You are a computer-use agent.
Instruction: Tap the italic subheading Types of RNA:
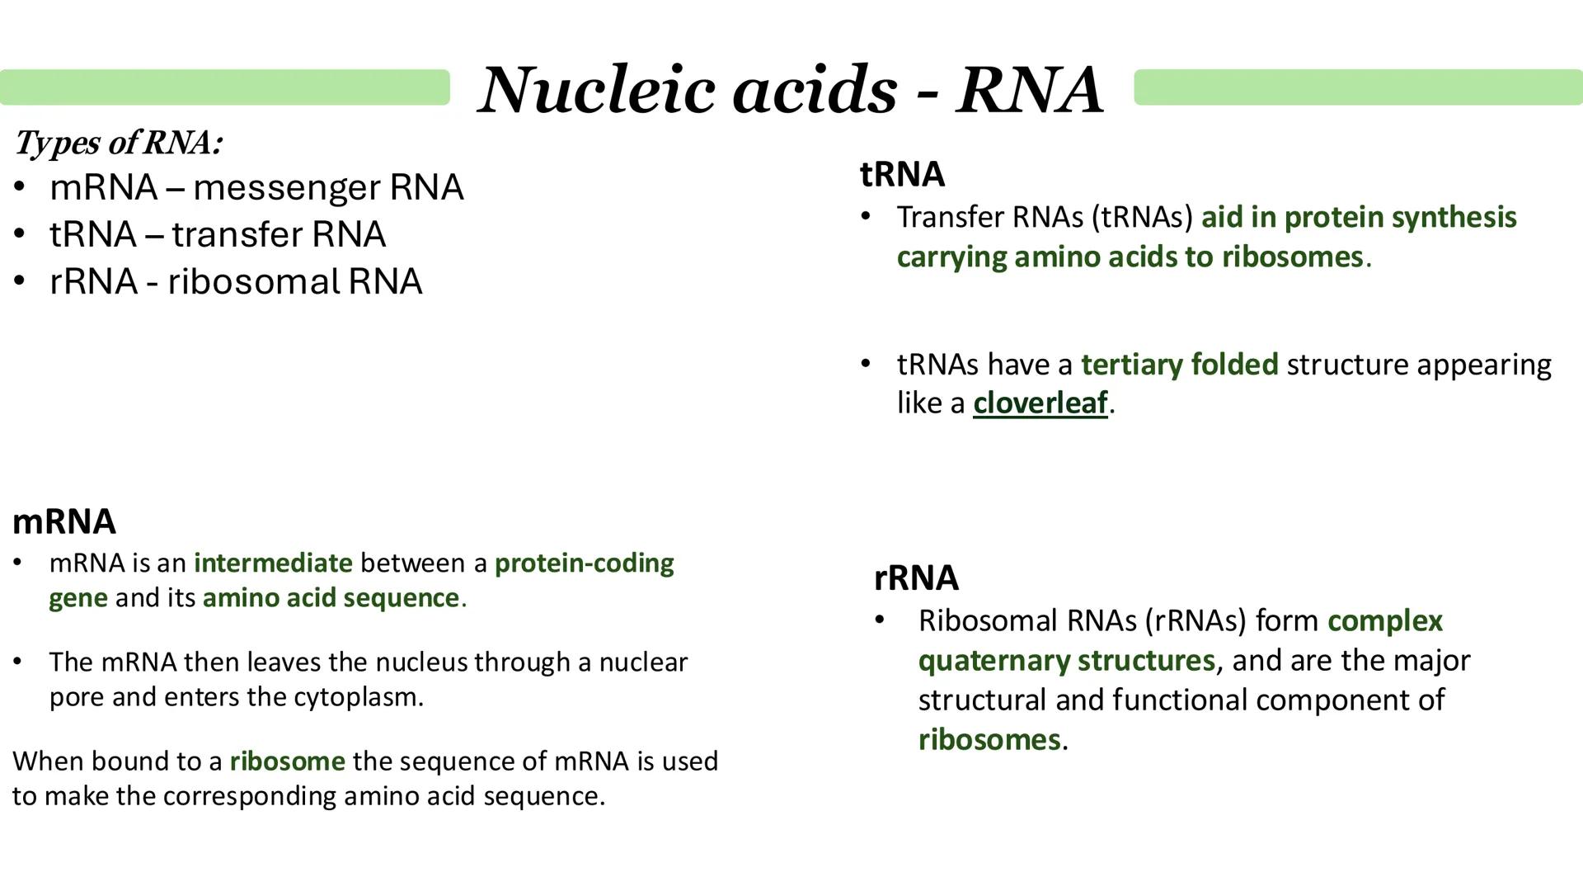(118, 143)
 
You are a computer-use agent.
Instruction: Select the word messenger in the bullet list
(287, 188)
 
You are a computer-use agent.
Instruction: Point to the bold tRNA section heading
(902, 174)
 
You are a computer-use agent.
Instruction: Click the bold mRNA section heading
(64, 521)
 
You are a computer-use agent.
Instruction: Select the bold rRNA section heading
(915, 577)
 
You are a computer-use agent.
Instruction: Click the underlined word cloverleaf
(1040, 403)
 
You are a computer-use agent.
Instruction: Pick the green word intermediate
(273, 563)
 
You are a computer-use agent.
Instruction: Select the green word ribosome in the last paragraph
(287, 761)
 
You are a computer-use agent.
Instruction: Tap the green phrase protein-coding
(584, 563)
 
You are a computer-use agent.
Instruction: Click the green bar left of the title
(224, 87)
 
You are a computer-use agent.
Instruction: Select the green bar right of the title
(1357, 87)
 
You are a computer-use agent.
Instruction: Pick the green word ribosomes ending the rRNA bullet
(989, 740)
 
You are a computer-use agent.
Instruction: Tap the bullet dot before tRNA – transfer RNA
(20, 235)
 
